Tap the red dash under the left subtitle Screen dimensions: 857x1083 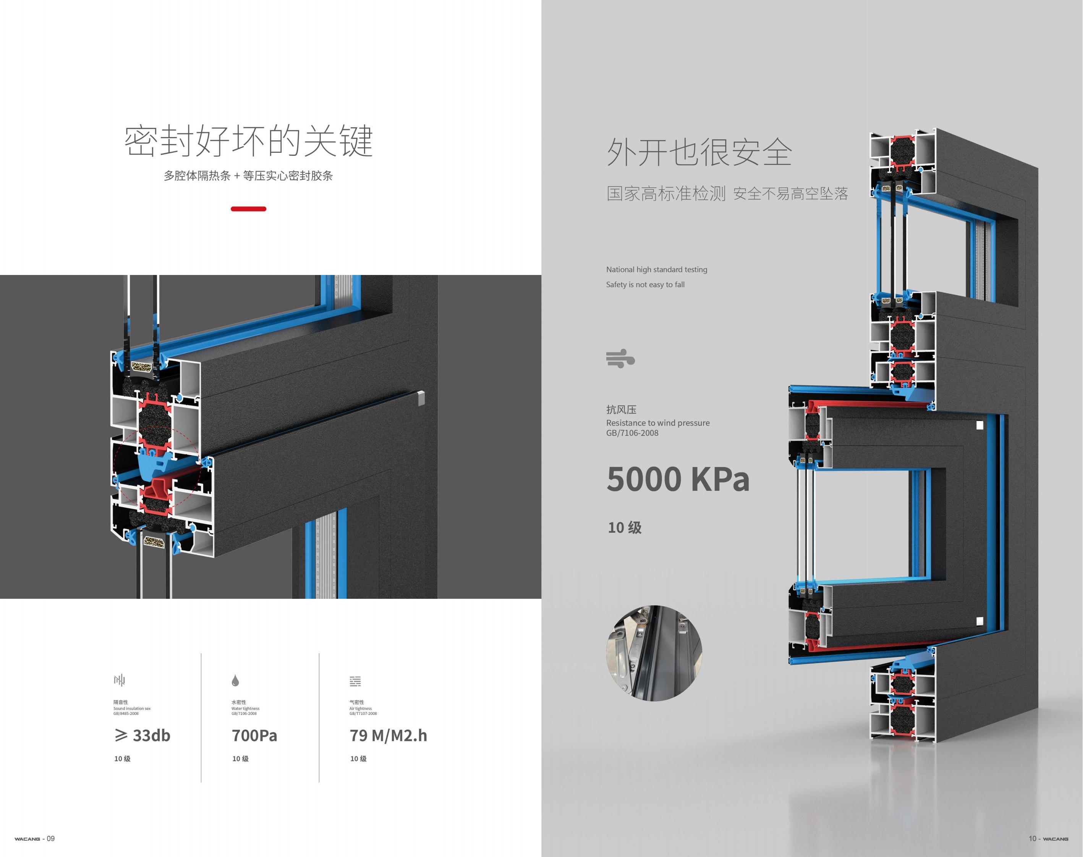click(x=248, y=209)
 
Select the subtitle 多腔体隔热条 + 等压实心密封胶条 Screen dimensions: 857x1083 click(x=248, y=176)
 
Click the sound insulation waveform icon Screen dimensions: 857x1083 click(x=120, y=681)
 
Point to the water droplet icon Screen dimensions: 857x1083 click(x=235, y=681)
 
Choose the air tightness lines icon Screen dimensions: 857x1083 click(x=355, y=681)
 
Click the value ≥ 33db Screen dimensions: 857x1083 click(x=142, y=736)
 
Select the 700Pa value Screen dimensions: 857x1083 click(x=254, y=736)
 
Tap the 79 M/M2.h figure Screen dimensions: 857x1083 click(x=389, y=736)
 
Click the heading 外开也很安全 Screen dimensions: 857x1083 click(x=699, y=152)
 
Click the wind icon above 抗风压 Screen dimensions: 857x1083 click(x=620, y=358)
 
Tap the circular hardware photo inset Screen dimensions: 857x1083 click(x=654, y=653)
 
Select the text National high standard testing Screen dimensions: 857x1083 click(x=656, y=270)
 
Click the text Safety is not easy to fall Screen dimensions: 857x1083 click(x=645, y=285)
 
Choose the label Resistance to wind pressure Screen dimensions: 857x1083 click(x=657, y=423)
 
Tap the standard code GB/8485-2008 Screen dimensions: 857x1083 click(x=126, y=713)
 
